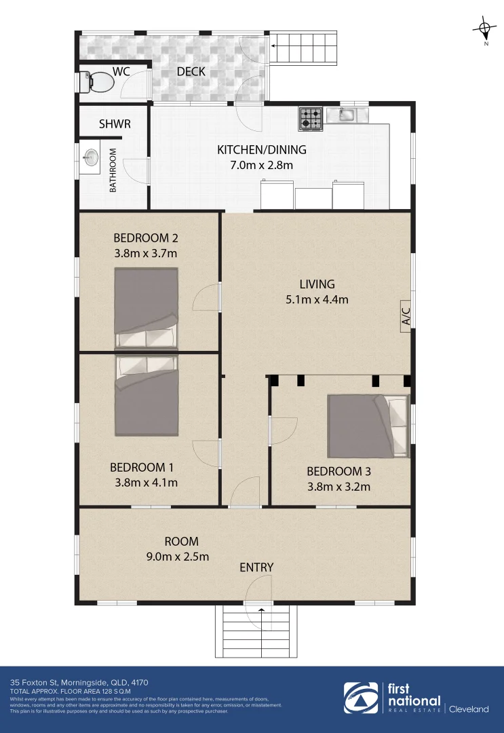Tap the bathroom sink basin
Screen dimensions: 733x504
[90, 159]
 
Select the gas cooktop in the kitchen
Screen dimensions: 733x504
[310, 119]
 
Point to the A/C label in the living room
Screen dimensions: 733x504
[406, 316]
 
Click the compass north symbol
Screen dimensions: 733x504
[485, 29]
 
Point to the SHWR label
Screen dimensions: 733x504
[115, 124]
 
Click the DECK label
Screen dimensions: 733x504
[191, 72]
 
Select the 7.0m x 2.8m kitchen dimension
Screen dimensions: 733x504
[261, 165]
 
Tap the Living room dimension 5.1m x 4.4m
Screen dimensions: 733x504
[317, 299]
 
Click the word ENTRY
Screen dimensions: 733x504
[256, 567]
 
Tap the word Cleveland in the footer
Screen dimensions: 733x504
[469, 709]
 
